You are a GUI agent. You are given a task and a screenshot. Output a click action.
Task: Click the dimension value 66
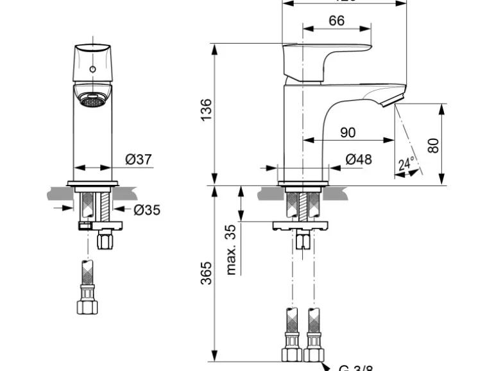coord(336,21)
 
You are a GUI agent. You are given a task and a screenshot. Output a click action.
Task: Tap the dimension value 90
coord(348,133)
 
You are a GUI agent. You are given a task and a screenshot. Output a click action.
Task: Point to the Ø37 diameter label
coord(139,160)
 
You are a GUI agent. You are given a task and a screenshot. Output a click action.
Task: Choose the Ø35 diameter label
coord(147,210)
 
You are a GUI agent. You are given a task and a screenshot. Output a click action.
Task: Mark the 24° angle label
coord(405,164)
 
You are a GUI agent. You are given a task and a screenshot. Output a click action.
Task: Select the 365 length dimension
coord(205,275)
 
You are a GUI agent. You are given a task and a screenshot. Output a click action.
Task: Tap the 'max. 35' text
coord(232,250)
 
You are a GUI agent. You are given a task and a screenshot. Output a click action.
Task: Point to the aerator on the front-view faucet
coord(92,99)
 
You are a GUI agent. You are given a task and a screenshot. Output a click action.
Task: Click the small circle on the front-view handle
coord(92,68)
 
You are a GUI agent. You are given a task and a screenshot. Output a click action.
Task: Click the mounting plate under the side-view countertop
coord(302,225)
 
